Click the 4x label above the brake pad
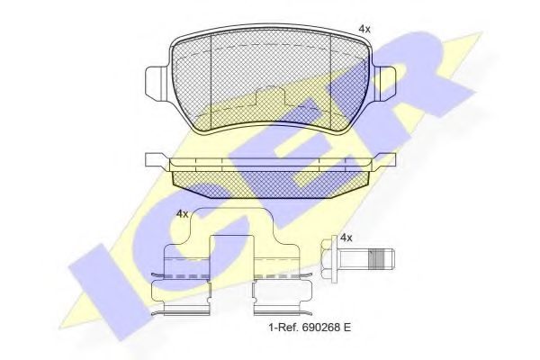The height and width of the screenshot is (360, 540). (x=364, y=30)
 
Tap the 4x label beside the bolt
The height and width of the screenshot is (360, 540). (x=345, y=238)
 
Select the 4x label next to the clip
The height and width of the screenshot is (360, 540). (x=182, y=213)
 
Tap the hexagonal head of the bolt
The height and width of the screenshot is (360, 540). (x=329, y=261)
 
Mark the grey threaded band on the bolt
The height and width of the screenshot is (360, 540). (x=384, y=261)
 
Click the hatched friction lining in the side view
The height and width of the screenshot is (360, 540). (x=269, y=184)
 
